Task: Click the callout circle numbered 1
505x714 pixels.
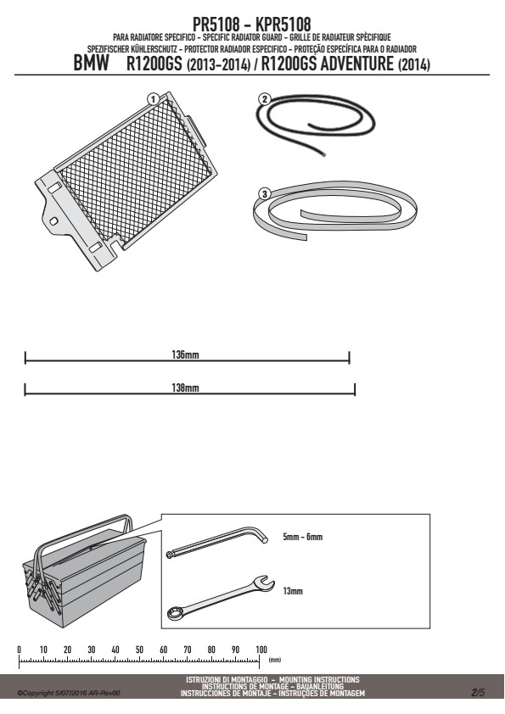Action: (153, 99)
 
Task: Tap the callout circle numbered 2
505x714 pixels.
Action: (264, 99)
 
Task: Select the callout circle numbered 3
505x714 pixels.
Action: (264, 194)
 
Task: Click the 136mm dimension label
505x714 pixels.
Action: (186, 354)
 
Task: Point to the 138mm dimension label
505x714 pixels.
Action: (186, 388)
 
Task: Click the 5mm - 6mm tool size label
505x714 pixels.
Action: (303, 537)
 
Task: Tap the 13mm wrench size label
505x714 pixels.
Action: (293, 591)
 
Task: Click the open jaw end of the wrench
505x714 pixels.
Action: (263, 583)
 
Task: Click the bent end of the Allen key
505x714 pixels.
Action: (261, 534)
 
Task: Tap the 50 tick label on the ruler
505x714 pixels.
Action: (139, 650)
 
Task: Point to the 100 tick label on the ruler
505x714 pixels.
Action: (261, 650)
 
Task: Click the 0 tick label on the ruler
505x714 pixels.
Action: (20, 650)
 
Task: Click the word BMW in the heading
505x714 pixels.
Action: (91, 64)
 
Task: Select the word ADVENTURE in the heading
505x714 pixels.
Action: (356, 64)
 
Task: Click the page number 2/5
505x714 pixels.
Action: (478, 693)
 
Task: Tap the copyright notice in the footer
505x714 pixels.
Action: (69, 693)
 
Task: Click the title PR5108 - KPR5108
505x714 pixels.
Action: (251, 24)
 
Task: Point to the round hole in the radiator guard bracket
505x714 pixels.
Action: (53, 221)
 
